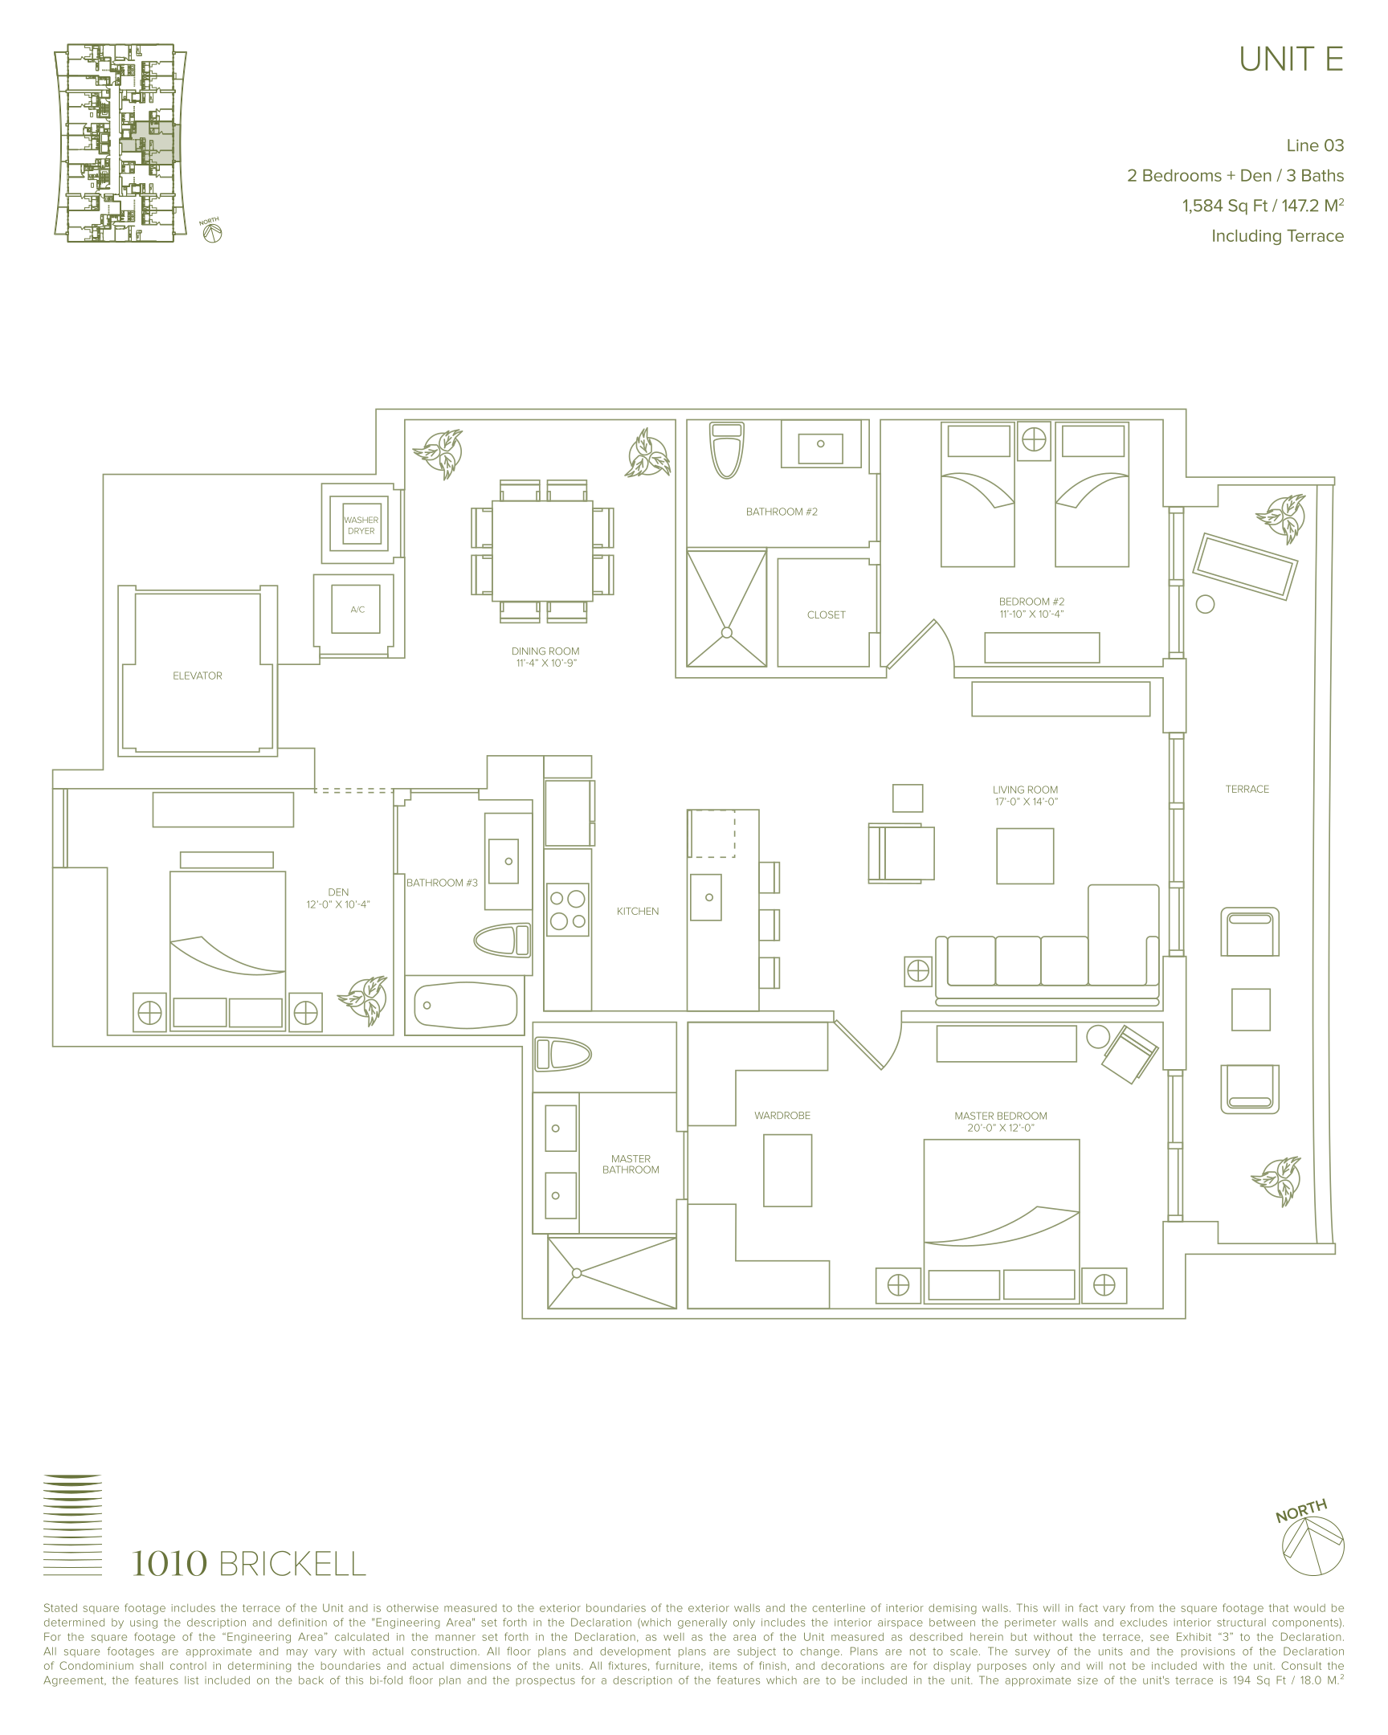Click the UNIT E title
click(x=1291, y=59)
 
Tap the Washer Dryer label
click(x=361, y=525)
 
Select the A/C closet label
click(x=357, y=610)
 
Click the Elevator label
click(x=197, y=676)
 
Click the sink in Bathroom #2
click(x=821, y=444)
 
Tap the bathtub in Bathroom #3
click(x=464, y=1005)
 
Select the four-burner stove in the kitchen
click(x=568, y=909)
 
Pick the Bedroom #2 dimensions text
click(x=1031, y=614)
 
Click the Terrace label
click(x=1247, y=790)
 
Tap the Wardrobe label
click(x=782, y=1116)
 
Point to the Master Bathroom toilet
click(x=563, y=1054)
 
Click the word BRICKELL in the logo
click(x=292, y=1565)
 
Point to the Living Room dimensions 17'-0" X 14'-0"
click(x=1025, y=802)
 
